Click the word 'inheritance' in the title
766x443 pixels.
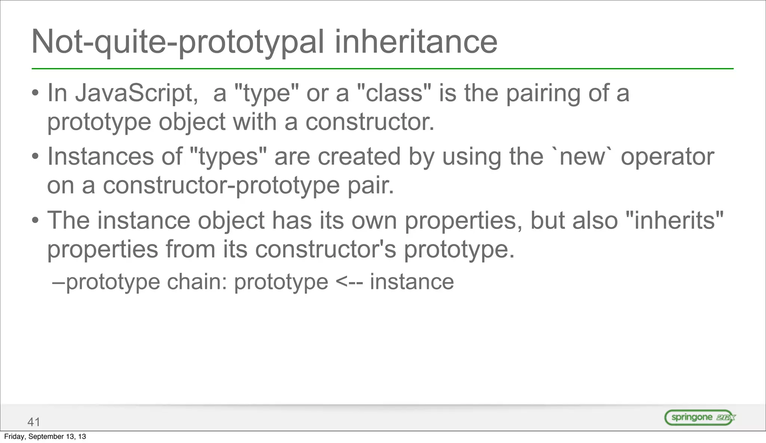point(416,42)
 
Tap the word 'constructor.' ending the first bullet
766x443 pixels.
point(370,122)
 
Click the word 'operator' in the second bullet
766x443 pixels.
point(667,157)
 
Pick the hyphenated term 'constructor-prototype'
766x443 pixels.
point(221,186)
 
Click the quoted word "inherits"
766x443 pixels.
point(674,220)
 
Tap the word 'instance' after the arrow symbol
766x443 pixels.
point(412,282)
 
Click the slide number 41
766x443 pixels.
point(34,422)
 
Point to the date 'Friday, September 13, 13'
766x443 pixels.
point(45,437)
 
